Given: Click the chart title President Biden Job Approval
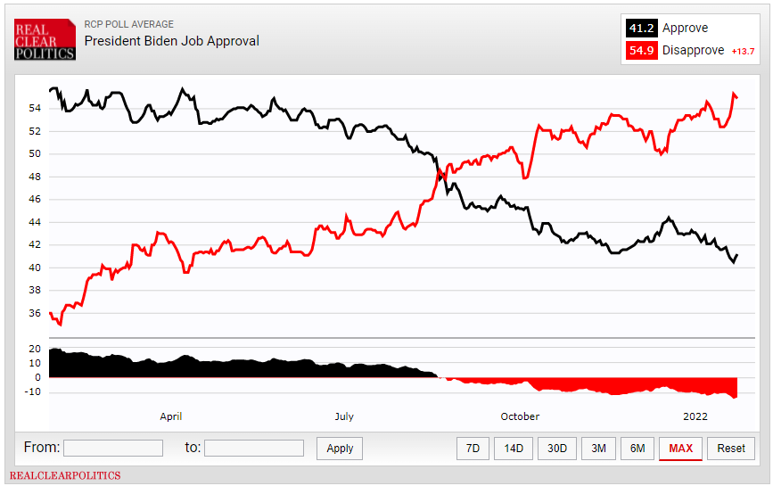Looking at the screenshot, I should point(172,41).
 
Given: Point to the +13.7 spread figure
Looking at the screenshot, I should point(744,52).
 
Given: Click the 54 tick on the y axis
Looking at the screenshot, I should point(35,109).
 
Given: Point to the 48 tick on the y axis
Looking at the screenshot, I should point(35,177).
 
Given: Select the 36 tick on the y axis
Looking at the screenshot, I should point(35,313).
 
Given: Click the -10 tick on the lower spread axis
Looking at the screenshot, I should point(32,391).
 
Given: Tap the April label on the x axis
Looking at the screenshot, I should point(170,416).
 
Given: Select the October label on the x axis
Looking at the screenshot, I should point(520,416).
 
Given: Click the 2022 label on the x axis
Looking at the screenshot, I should point(695,416).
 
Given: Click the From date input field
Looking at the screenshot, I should point(113,448).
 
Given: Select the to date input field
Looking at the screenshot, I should point(254,448).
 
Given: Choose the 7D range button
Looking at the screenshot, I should point(473,449).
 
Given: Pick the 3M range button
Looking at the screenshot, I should point(599,449).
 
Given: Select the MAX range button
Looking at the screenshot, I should point(680,449).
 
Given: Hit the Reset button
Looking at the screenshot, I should point(731,449).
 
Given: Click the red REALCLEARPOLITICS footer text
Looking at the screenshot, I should point(65,476).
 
